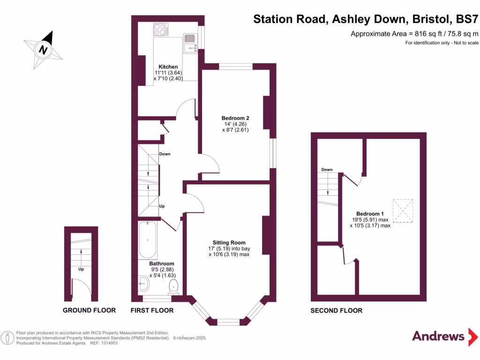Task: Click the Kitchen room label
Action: pyautogui.click(x=168, y=67)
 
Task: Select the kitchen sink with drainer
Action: pyautogui.click(x=190, y=43)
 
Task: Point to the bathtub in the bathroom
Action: pyautogui.click(x=148, y=240)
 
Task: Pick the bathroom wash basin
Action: pyautogui.click(x=143, y=284)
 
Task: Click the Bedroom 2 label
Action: pyautogui.click(x=235, y=118)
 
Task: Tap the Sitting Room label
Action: pyautogui.click(x=229, y=243)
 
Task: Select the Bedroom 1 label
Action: pyautogui.click(x=370, y=214)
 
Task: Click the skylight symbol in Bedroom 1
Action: pyautogui.click(x=403, y=210)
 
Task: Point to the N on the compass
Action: pyautogui.click(x=43, y=50)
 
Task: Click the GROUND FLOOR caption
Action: pyautogui.click(x=89, y=310)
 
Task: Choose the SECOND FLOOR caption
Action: pyautogui.click(x=336, y=311)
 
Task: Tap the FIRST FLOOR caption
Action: pyautogui.click(x=152, y=310)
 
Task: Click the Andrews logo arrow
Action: pyautogui.click(x=473, y=337)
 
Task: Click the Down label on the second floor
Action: pyautogui.click(x=327, y=170)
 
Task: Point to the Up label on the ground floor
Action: pyautogui.click(x=81, y=269)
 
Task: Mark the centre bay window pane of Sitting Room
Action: pyautogui.click(x=228, y=322)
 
